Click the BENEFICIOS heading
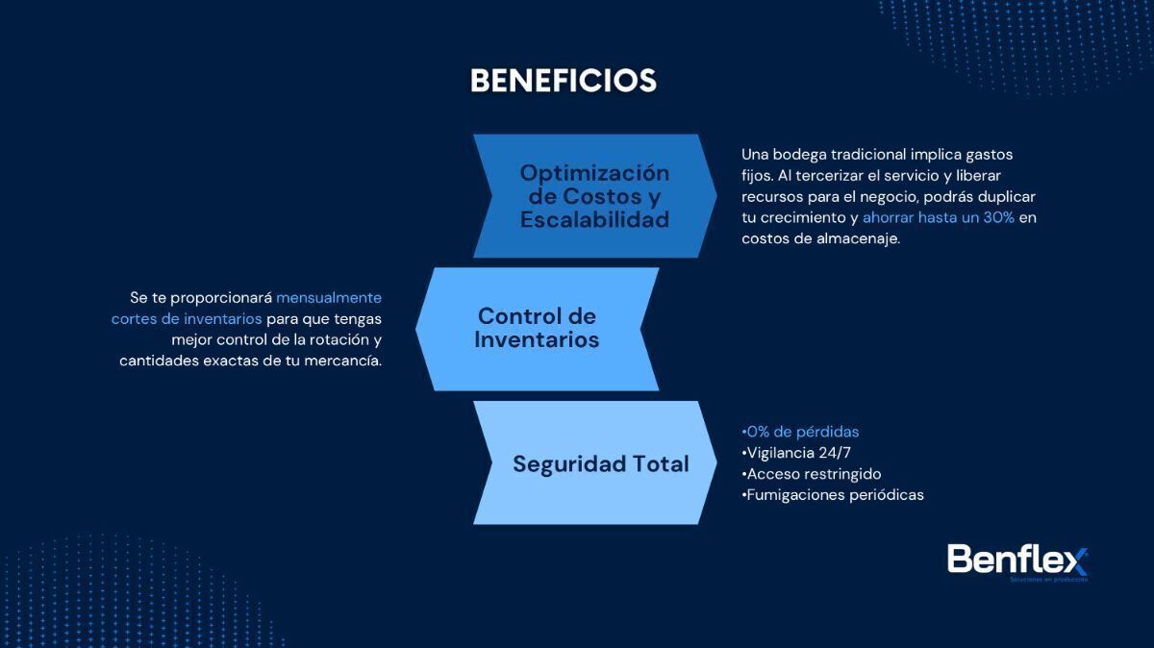pos(564,81)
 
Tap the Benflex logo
pos(1017,562)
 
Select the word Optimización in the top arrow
pos(594,173)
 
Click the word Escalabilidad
pos(594,219)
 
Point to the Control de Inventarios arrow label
pos(537,328)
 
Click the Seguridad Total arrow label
pos(601,464)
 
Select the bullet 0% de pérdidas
pos(800,432)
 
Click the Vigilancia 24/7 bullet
pos(796,453)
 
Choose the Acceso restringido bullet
pos(812,474)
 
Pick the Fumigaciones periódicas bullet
pos(833,495)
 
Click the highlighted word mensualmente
pos(329,298)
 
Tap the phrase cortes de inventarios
pos(187,319)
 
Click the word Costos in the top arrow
pos(602,196)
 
